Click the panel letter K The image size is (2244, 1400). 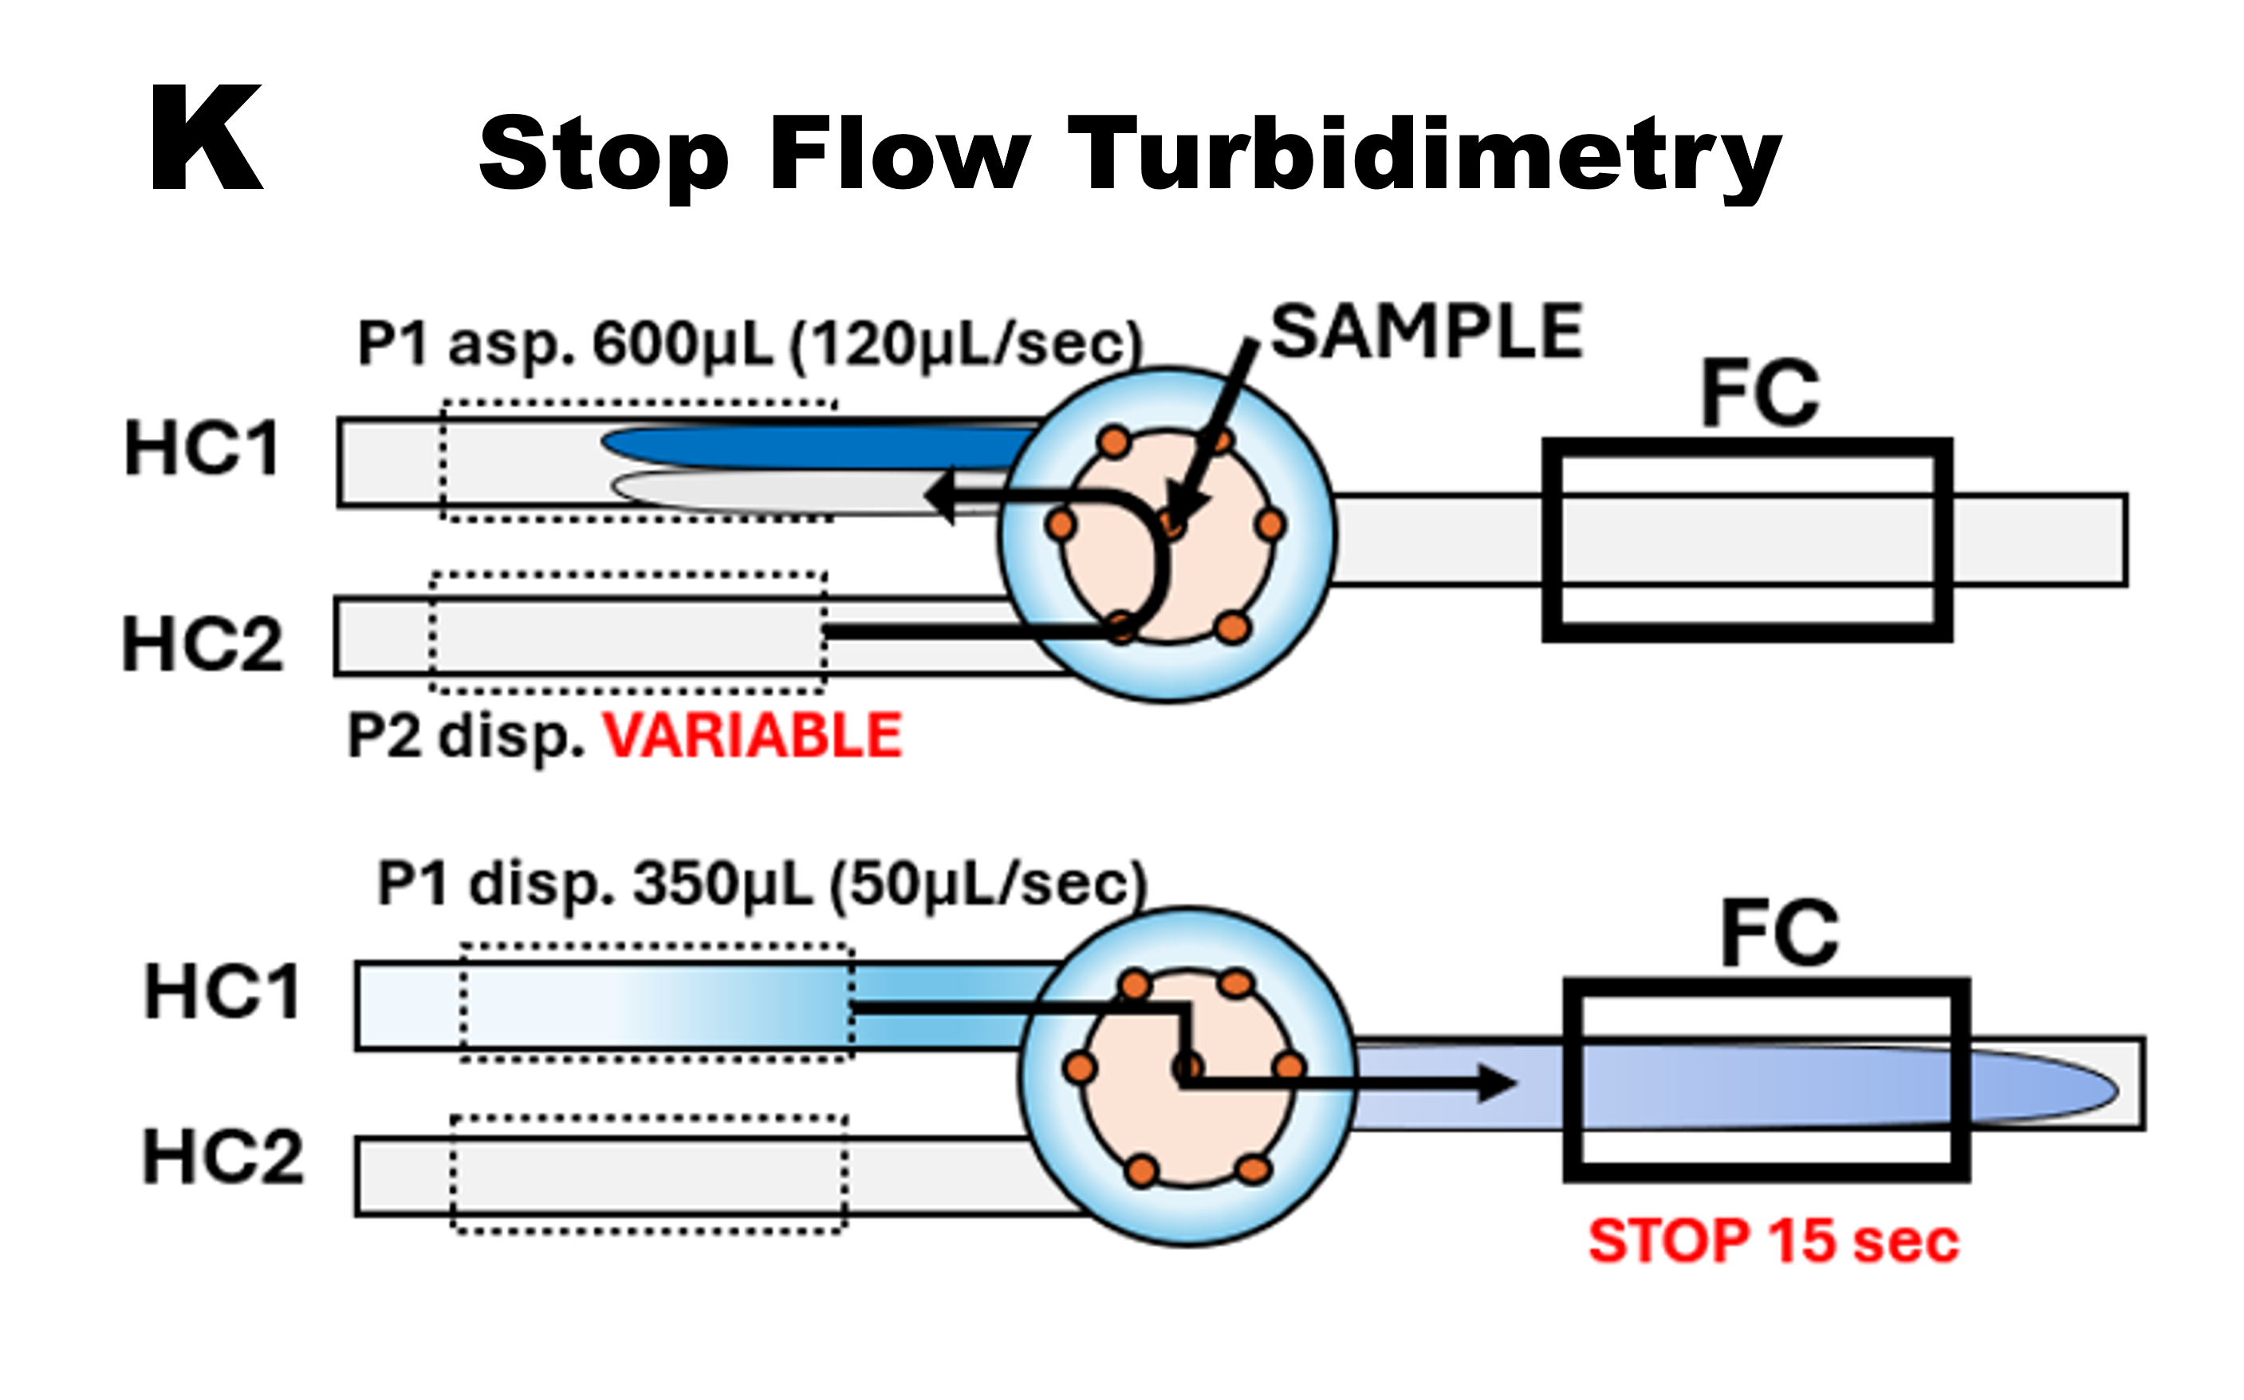point(207,139)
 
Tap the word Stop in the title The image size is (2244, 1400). point(604,155)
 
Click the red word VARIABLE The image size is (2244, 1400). point(752,736)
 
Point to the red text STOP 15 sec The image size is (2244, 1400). point(1774,1241)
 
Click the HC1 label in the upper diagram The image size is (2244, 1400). point(202,448)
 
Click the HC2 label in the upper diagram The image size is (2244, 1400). point(202,644)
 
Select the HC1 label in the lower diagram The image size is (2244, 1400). point(222,992)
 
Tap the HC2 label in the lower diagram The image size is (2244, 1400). point(222,1158)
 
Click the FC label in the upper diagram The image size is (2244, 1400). point(1760,394)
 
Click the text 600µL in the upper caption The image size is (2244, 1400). point(682,344)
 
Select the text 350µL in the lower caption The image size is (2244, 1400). point(722,884)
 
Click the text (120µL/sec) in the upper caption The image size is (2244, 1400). point(966,344)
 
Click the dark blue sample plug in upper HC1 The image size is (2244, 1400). point(815,447)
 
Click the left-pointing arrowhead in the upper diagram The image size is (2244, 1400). point(941,496)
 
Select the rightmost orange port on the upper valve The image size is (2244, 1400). point(1270,525)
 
